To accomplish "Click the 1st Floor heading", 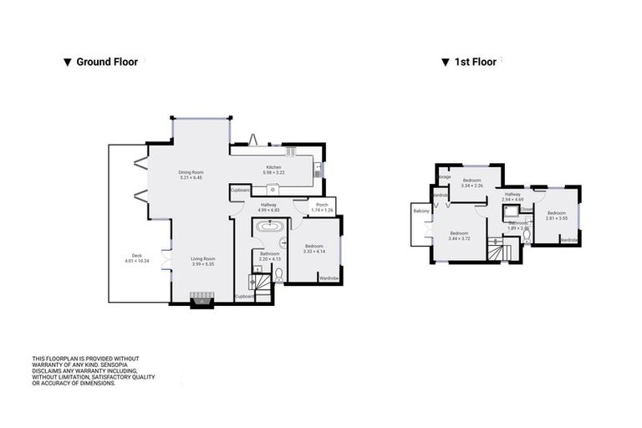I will tap(473, 62).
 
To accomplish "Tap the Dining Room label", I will tap(191, 173).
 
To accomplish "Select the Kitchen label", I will tap(274, 167).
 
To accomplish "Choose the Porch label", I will tap(322, 205).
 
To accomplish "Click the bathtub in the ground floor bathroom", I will tap(269, 227).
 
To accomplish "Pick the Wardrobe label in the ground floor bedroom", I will tap(329, 278).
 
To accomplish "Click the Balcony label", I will tap(420, 211).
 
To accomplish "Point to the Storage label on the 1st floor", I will tap(443, 177).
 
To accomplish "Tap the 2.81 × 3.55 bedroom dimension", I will tap(557, 218).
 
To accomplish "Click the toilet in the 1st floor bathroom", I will tap(527, 235).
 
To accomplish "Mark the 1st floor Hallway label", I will tap(512, 195).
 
